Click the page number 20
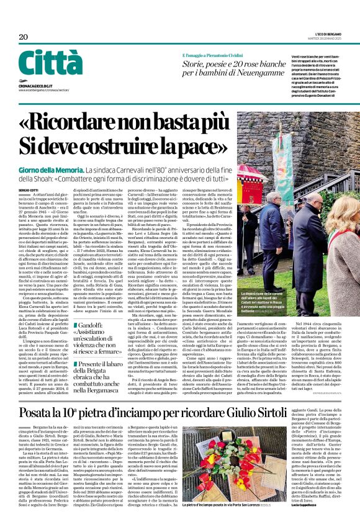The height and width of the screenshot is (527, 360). pyautogui.click(x=24, y=37)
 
